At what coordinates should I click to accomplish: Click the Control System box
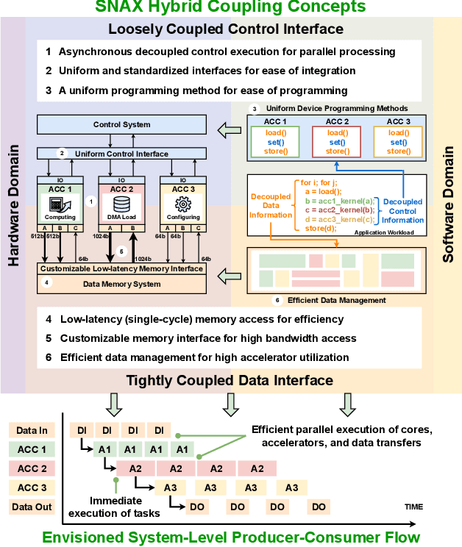tap(122, 125)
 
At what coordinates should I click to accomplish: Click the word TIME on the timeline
tap(414, 507)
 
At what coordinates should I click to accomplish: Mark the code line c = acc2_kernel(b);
tap(338, 210)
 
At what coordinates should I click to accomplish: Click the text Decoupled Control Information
tap(402, 211)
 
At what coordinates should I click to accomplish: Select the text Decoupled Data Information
tap(271, 207)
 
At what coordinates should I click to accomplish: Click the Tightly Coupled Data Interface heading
tap(230, 380)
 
